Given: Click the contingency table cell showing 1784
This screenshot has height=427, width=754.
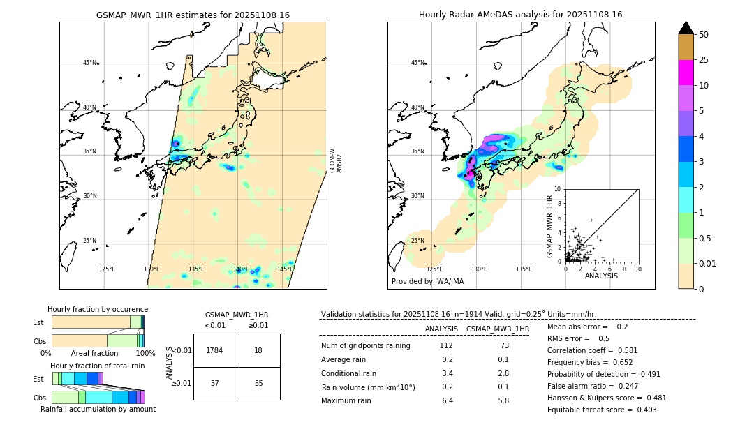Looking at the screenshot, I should coord(215,350).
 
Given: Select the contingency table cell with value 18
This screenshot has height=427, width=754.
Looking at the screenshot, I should coord(258,350).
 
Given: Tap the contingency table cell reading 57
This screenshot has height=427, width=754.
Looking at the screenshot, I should coord(215,384).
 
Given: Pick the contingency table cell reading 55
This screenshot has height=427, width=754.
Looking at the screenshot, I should coord(258,384).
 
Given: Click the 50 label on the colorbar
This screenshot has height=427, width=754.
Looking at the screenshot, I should coord(704,35).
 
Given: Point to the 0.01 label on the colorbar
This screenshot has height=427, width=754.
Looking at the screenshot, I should coord(708,263).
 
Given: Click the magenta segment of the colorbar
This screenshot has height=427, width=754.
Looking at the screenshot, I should coord(686,73).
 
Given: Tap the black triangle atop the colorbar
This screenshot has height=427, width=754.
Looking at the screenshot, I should coord(686,28).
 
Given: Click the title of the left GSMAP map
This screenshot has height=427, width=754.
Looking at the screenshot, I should coord(193,15).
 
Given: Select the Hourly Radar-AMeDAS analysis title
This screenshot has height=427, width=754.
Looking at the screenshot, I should coord(520,15).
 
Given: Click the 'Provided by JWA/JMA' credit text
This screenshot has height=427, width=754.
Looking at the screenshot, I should coord(427,281).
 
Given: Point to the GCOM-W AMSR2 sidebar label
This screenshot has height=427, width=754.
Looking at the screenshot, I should coord(336,160).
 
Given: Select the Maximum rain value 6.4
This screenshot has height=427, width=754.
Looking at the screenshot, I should coord(449,400).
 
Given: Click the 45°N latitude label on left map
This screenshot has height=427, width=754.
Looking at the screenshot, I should coord(90,63).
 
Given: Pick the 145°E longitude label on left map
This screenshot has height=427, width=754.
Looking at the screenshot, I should coord(285,269).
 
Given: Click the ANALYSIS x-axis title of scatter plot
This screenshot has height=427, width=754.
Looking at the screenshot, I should coord(601,276).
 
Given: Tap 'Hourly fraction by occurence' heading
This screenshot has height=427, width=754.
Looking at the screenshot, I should coord(98,309).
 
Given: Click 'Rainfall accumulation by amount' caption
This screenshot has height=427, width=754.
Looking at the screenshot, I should coord(98,409).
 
